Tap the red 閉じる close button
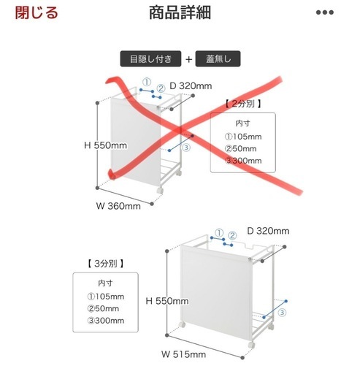tap(37, 12)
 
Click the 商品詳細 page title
tap(180, 12)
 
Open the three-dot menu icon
tap(325, 12)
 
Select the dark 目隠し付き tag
tap(150, 58)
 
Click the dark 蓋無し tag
tap(218, 58)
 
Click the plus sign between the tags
tap(188, 59)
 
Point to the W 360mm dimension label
tap(118, 206)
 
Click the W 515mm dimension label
tap(184, 354)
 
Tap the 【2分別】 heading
tap(243, 104)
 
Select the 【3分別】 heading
tap(105, 263)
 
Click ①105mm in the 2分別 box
tap(243, 137)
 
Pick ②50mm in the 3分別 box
tap(103, 308)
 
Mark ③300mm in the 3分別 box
tap(106, 321)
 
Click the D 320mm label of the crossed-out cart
tap(191, 86)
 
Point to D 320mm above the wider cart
tap(268, 231)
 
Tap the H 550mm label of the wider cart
tap(167, 301)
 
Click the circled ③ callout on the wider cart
tap(282, 313)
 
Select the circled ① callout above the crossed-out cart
tap(147, 83)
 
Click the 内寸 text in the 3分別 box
tap(105, 283)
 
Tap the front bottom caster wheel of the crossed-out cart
tap(160, 191)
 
